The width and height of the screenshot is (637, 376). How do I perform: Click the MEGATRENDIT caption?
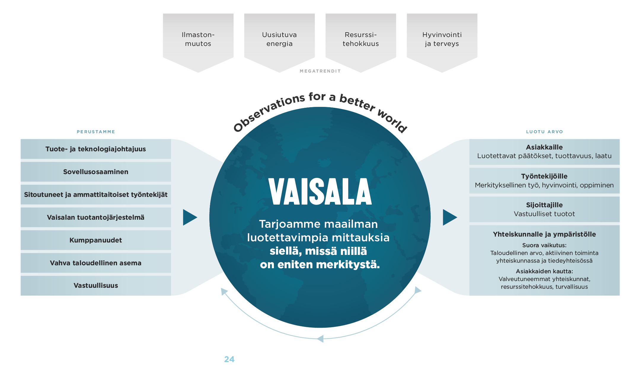pyautogui.click(x=320, y=71)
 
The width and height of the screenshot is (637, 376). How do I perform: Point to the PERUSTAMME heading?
pyautogui.click(x=96, y=132)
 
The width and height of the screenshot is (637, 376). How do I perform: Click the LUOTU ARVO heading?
pyautogui.click(x=544, y=132)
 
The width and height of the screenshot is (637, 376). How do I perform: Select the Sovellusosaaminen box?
pyautogui.click(x=96, y=172)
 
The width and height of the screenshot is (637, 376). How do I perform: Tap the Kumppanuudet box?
pyautogui.click(x=96, y=240)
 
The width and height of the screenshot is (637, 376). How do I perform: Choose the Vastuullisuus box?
pyautogui.click(x=96, y=286)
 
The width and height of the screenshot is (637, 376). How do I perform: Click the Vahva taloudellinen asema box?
pyautogui.click(x=96, y=263)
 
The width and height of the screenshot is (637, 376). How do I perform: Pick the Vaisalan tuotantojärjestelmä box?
pyautogui.click(x=96, y=217)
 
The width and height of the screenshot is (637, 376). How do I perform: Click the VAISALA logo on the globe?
pyautogui.click(x=320, y=192)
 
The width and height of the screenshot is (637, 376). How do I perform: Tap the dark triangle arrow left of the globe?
pyautogui.click(x=189, y=217)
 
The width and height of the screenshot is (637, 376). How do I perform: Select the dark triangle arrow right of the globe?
pyautogui.click(x=449, y=217)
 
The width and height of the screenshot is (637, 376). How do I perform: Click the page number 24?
pyautogui.click(x=229, y=359)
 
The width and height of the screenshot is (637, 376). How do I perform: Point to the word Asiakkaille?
pyautogui.click(x=544, y=147)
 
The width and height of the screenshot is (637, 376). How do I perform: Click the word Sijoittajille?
pyautogui.click(x=544, y=205)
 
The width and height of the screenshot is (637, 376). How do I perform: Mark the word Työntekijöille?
pyautogui.click(x=544, y=176)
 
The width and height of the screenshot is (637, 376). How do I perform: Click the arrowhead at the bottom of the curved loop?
pyautogui.click(x=320, y=339)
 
